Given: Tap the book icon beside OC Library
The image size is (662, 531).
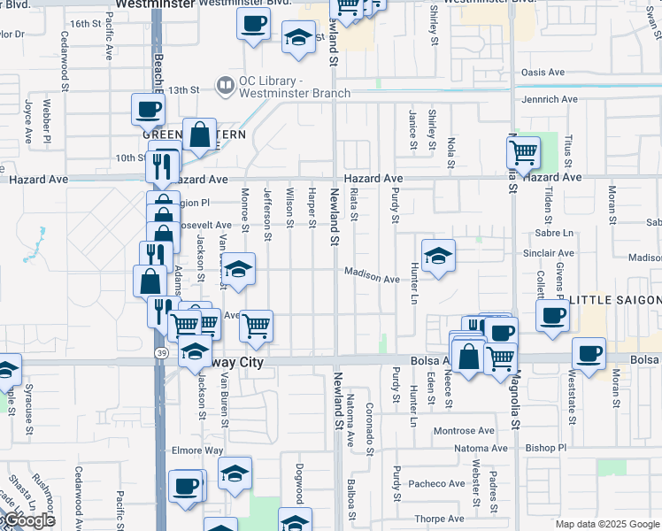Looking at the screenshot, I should (224, 86).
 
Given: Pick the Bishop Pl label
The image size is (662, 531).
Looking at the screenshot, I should (545, 449).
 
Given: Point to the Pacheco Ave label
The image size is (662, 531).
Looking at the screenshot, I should (436, 484).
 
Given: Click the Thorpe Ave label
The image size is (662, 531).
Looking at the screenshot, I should (439, 519).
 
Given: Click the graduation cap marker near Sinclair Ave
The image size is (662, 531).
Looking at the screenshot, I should (438, 257).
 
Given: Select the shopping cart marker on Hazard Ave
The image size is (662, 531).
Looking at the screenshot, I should (523, 152).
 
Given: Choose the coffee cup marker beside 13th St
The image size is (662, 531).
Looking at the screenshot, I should (148, 110).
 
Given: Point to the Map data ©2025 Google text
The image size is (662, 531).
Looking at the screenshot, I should (607, 524).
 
